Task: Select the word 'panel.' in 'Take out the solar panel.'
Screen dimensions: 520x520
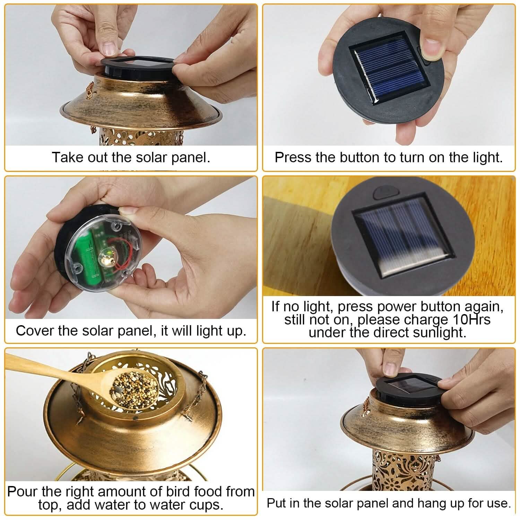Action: pos(191,157)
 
